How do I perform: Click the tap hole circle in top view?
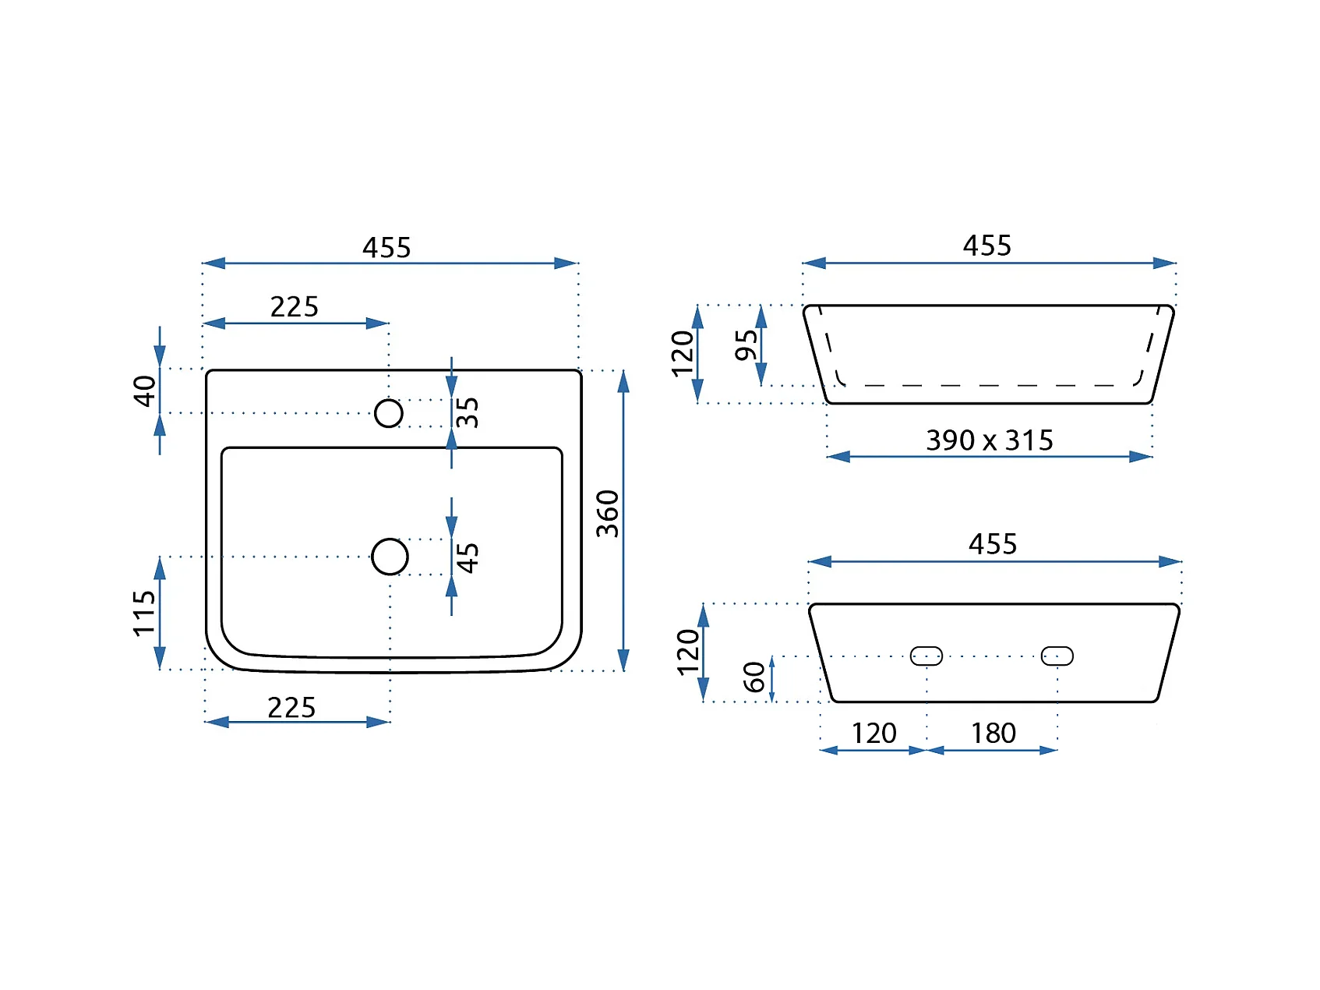(389, 399)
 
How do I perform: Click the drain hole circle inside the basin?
(390, 539)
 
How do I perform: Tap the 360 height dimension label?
(608, 514)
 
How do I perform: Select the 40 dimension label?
(145, 391)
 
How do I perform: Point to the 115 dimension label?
(145, 613)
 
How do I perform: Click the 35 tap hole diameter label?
(468, 412)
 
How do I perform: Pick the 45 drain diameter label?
(468, 558)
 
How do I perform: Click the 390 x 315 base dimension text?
(990, 440)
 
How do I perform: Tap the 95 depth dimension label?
(746, 345)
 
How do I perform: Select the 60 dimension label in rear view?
(754, 677)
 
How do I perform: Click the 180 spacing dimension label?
(994, 734)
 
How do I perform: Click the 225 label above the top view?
(295, 307)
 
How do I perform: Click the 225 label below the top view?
(291, 708)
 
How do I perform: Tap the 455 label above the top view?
(386, 248)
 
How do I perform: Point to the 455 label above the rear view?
(993, 544)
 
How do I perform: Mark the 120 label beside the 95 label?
(683, 354)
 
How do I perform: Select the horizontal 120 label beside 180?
(874, 734)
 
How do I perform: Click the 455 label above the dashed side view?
(987, 246)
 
